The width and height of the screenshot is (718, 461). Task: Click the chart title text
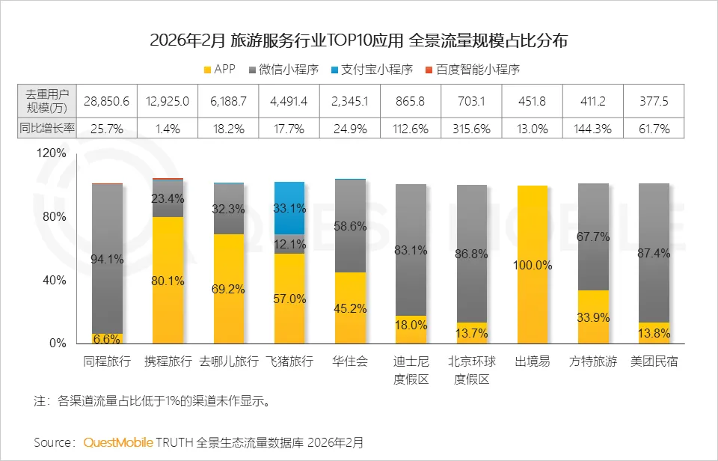tap(358, 40)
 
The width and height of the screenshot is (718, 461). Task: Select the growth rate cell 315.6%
tap(471, 129)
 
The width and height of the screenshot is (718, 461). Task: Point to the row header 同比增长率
tap(47, 129)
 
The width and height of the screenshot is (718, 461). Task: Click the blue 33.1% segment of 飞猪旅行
tap(289, 208)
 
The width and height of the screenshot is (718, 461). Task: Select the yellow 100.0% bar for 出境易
tap(533, 264)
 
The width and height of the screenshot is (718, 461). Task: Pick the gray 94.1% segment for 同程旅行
tap(107, 258)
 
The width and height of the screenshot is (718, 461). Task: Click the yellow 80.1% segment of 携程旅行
tap(168, 280)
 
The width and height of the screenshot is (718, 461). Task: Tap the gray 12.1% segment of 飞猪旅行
tap(289, 244)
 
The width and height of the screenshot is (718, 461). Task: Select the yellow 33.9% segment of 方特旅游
tap(593, 317)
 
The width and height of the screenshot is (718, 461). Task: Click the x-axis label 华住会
tap(350, 361)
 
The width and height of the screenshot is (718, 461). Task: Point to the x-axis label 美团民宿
tap(654, 361)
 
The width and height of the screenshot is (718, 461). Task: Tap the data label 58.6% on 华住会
tap(350, 226)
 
